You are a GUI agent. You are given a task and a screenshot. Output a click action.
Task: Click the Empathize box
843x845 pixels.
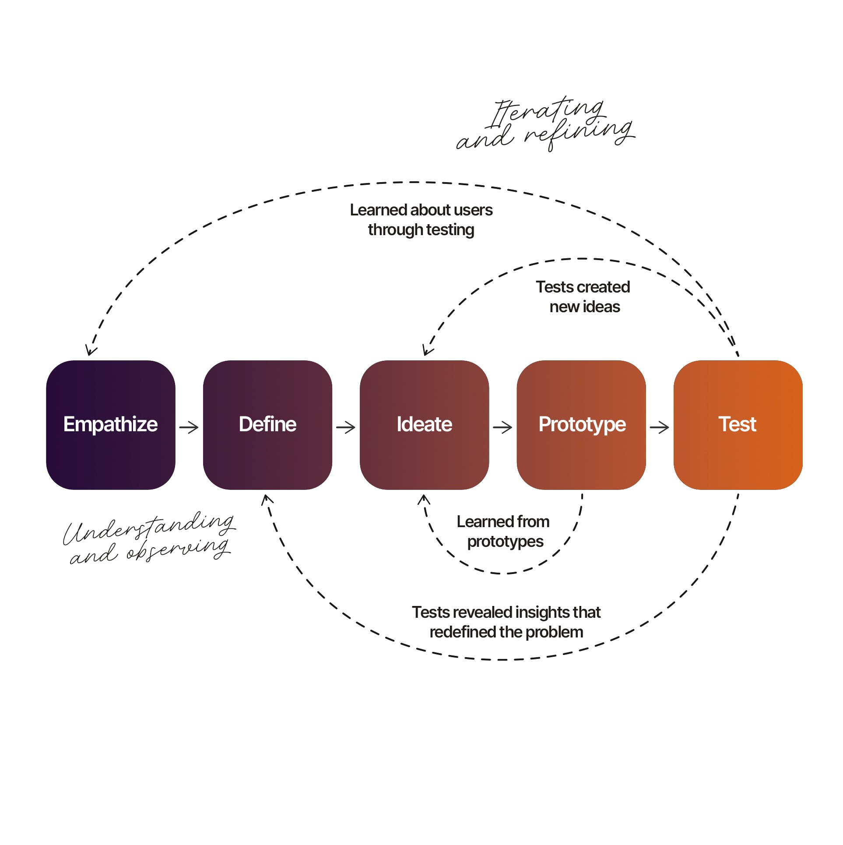(x=111, y=425)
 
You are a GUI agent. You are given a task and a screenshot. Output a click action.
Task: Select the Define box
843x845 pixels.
(x=267, y=425)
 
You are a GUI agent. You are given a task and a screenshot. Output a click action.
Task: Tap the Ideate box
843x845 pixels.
(x=424, y=425)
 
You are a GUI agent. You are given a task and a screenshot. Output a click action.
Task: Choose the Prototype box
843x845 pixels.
(x=581, y=425)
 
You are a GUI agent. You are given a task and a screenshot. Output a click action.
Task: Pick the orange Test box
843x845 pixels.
(x=738, y=425)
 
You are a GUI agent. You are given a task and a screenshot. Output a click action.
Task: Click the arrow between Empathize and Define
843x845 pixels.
(x=189, y=427)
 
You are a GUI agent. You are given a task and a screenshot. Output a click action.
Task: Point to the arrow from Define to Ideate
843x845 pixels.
(x=346, y=427)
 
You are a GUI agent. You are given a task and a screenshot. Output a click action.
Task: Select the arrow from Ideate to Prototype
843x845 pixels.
(x=502, y=427)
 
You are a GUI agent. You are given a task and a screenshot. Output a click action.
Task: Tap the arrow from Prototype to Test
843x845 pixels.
(x=660, y=427)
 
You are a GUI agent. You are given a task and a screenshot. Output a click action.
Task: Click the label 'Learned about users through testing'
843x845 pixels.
(x=421, y=220)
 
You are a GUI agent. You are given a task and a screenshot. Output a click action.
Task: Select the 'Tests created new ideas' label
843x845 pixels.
(x=583, y=297)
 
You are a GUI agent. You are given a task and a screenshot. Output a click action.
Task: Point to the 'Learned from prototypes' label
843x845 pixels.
(x=504, y=532)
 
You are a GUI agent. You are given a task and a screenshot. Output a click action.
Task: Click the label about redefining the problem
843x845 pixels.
(x=506, y=622)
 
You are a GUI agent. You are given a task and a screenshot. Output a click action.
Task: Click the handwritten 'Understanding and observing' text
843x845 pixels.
(x=149, y=538)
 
